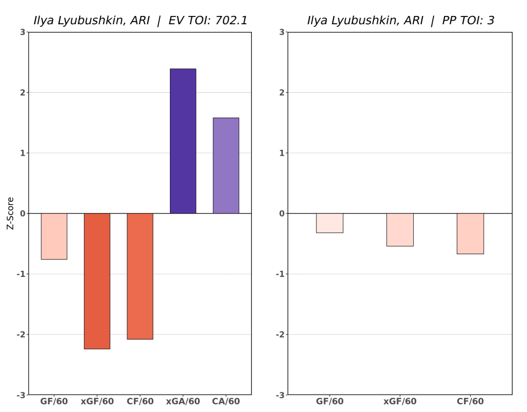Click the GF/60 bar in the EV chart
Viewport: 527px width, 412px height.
54,236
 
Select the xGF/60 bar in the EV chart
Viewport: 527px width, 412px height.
97,281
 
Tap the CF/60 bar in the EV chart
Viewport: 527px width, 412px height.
140,276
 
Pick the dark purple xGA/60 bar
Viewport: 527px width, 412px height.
183,141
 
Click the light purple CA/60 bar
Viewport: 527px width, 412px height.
226,166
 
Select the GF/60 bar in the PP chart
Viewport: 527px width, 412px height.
330,223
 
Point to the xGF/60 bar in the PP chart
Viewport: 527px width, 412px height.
400,229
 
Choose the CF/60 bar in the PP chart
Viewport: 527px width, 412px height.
470,234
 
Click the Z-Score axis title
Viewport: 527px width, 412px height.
10,213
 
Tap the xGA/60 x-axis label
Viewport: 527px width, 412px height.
183,402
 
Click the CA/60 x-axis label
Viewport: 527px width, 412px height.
226,402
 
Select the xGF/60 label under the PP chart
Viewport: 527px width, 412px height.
400,402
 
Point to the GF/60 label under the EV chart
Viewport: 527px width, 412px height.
54,402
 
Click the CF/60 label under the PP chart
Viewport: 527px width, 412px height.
470,402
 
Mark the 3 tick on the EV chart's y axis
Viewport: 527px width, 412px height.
22,32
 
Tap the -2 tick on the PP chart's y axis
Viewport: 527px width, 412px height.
280,335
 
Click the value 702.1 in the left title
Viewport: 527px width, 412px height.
231,21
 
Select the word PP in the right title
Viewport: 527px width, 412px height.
449,21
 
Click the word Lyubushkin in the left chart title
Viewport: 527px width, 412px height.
91,21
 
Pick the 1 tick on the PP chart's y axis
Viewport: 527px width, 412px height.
281,153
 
